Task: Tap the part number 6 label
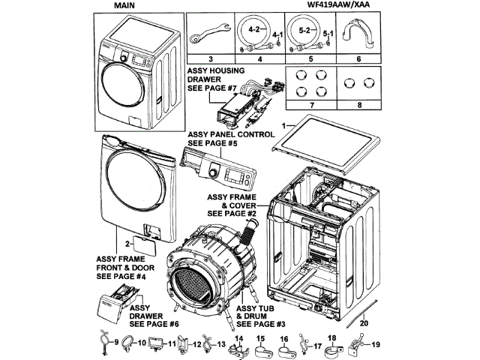coord(358,58)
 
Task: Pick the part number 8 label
coord(358,106)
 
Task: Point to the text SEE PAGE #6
coord(154,324)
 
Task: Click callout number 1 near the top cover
coord(284,122)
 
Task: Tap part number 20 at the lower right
coord(364,322)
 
